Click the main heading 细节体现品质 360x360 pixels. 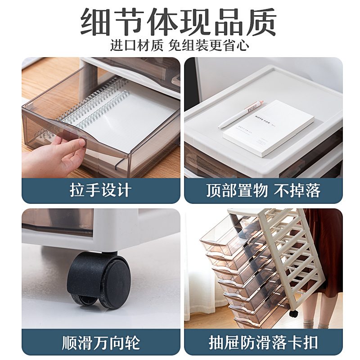178,22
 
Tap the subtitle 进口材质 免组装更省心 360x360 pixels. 180,45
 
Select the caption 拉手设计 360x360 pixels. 100,190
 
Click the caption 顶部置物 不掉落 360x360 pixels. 263,190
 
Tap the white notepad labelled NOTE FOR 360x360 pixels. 269,128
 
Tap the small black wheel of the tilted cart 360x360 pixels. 294,314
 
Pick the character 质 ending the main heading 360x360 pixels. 262,22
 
